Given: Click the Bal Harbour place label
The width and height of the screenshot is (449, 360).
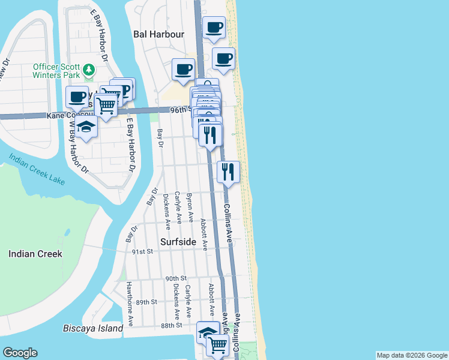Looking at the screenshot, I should coord(158,34).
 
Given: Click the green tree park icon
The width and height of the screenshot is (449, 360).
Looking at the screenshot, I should coord(89,70).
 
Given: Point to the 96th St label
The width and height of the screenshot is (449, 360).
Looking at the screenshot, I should coord(179,110).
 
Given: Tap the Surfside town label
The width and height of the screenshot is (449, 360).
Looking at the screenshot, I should coord(179,241).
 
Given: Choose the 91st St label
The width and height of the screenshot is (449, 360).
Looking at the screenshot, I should coord(143,252).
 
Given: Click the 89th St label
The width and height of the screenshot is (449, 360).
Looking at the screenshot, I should coord(146,302).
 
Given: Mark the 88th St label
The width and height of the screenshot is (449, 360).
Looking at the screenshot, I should coord(171,325).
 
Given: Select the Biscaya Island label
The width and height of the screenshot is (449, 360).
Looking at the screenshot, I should coord(93,328).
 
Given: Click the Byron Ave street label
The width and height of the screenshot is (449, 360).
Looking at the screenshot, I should coord(190,208).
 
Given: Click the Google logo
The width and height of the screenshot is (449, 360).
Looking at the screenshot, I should coord(20,353).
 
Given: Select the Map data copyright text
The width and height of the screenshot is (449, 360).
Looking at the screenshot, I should coord(411,355).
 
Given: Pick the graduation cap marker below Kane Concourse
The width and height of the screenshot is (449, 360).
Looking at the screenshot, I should coord(86,127).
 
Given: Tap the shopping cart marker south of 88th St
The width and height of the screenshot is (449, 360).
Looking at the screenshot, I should coord(217,344).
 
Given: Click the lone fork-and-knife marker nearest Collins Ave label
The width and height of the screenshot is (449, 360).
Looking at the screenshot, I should coord(228,172).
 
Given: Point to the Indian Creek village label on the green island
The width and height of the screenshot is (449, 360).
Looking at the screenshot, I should coord(35,254).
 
